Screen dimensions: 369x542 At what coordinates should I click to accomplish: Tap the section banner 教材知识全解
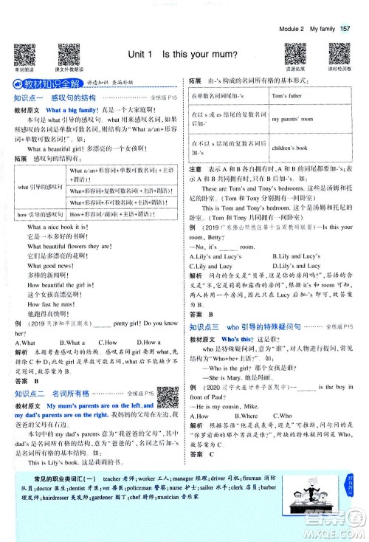[x=44, y=83]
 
